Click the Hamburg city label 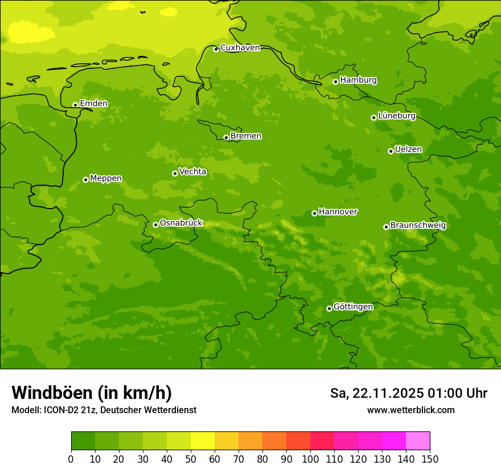(x=358, y=80)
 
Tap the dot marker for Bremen (x=226, y=137)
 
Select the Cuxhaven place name (x=240, y=48)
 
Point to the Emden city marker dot (x=75, y=105)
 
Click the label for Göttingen (x=353, y=307)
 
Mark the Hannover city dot (x=314, y=213)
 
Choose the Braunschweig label (x=418, y=226)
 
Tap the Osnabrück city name (x=181, y=223)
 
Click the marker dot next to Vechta (x=175, y=173)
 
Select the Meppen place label (x=106, y=178)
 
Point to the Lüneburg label (x=397, y=116)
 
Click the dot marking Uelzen (x=391, y=151)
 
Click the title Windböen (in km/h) (x=92, y=393)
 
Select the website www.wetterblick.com (x=410, y=410)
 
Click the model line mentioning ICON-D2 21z (x=104, y=410)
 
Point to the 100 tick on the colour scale (x=310, y=459)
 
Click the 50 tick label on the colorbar (x=191, y=459)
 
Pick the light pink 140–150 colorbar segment (x=418, y=441)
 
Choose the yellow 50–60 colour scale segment (x=203, y=441)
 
